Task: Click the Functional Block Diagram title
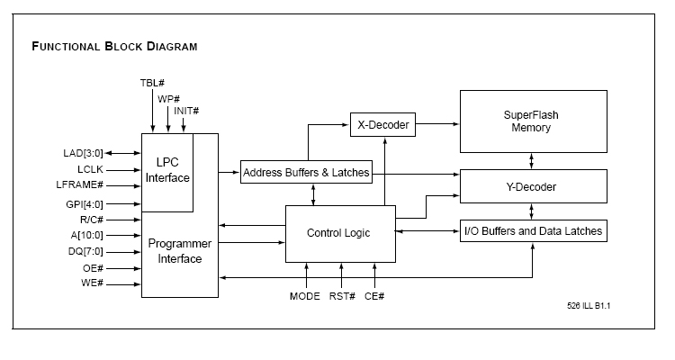[114, 46]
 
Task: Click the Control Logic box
[339, 233]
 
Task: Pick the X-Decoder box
[383, 125]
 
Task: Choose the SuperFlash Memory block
[532, 121]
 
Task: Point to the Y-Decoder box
[532, 187]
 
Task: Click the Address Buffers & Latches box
[306, 173]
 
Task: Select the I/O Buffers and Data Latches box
[532, 231]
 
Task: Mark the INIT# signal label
[187, 111]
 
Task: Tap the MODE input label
[305, 296]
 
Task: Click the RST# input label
[341, 296]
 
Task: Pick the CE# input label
[374, 296]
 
